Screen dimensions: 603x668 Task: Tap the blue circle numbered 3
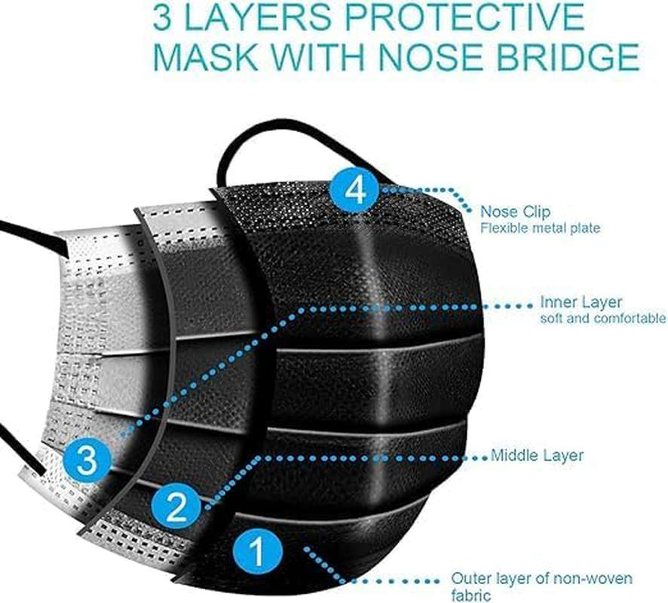pos(87,460)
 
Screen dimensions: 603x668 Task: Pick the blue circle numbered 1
pos(258,552)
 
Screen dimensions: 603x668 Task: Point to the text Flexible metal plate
pos(541,228)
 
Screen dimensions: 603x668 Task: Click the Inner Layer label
pos(581,302)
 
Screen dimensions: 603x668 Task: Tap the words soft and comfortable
pos(602,319)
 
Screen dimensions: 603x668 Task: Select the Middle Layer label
pos(537,455)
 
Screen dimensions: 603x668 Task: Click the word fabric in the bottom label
pos(468,595)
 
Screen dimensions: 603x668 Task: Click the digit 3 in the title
pos(162,17)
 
